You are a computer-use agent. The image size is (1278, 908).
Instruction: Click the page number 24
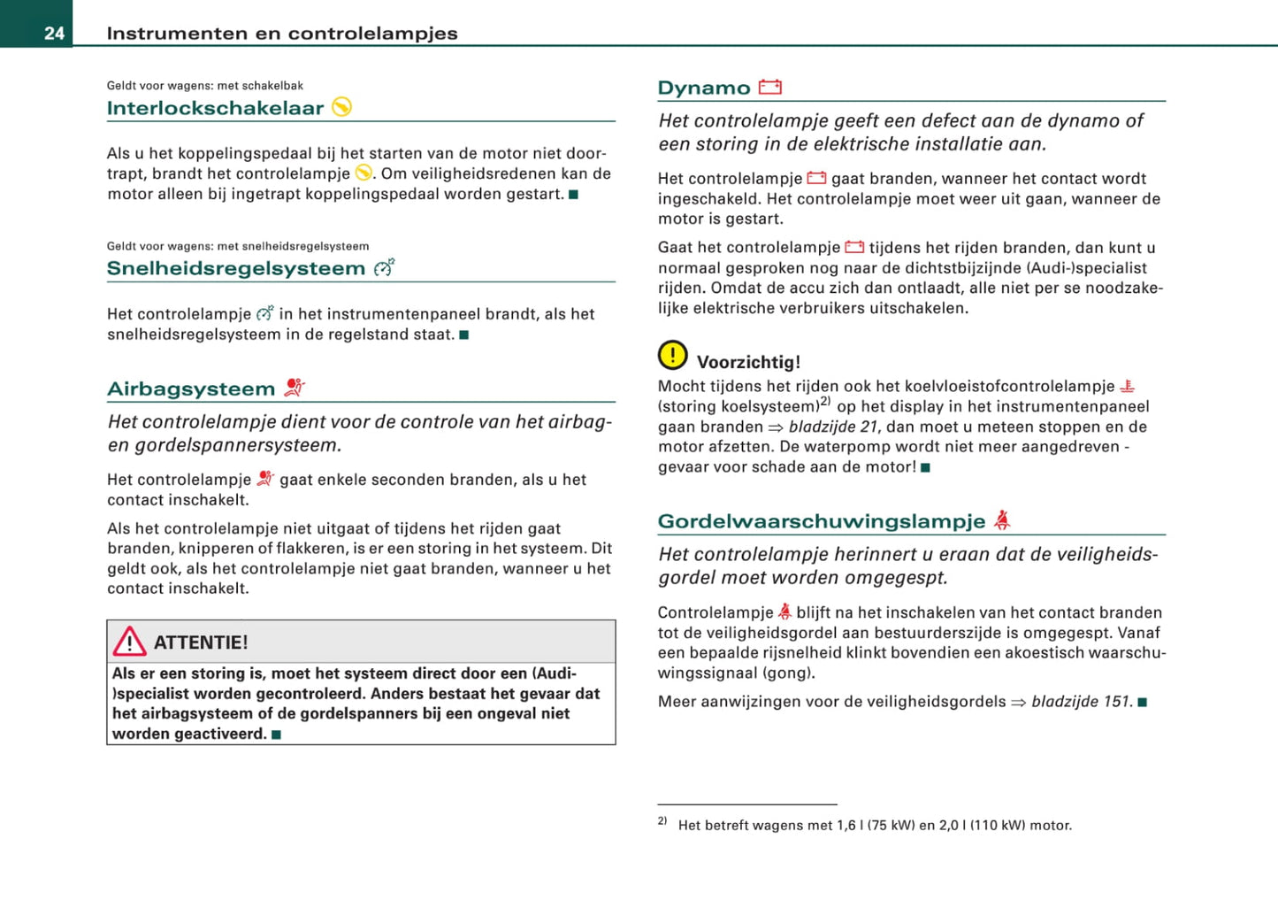54,34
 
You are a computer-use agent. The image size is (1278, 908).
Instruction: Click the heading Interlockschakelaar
215,109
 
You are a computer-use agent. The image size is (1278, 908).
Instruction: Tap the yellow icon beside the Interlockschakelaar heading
342,107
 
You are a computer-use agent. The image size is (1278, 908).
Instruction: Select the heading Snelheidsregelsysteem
235,269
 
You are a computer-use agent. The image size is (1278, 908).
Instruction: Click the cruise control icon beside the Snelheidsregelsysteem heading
384,267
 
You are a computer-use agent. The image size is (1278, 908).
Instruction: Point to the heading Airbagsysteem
191,389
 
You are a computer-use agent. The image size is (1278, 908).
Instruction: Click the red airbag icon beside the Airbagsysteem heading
295,388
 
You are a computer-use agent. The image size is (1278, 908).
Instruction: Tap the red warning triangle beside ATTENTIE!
129,642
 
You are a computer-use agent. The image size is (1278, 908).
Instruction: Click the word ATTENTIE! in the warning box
201,643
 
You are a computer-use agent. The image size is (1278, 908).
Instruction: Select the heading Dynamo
703,88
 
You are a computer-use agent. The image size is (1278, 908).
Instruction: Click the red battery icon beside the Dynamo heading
769,87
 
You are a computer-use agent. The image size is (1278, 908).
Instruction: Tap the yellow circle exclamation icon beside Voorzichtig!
672,356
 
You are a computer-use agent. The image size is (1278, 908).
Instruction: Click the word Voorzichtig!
748,362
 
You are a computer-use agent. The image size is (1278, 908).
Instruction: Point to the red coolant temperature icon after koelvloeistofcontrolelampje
1127,386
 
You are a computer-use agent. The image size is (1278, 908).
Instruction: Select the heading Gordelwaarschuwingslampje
821,522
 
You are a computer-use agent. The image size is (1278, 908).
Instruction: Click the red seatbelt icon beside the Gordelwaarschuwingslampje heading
1001,520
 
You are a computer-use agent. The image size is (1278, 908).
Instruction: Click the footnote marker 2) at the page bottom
662,821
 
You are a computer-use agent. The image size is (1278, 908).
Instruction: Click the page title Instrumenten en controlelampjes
282,34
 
